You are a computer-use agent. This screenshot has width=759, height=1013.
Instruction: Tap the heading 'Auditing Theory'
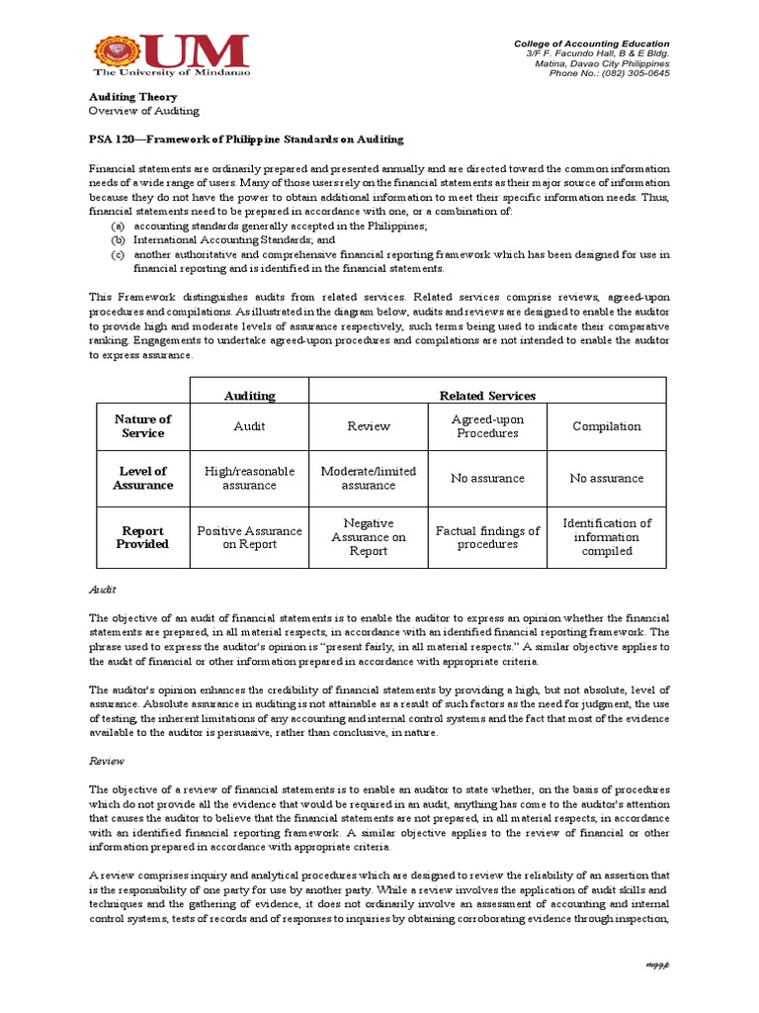(133, 97)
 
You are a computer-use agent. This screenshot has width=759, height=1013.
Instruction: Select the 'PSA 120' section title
(246, 139)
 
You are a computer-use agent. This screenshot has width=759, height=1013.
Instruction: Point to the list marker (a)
(118, 226)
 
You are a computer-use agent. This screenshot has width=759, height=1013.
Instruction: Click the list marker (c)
(118, 254)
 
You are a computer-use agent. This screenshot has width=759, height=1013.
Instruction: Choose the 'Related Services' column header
(487, 396)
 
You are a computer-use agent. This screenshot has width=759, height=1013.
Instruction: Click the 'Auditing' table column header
(250, 396)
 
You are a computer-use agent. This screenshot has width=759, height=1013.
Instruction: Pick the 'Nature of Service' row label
(143, 426)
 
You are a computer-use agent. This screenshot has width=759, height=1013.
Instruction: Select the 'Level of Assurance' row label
(143, 478)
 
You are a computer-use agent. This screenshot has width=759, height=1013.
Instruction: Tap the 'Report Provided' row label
(143, 537)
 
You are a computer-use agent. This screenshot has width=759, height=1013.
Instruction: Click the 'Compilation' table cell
(607, 426)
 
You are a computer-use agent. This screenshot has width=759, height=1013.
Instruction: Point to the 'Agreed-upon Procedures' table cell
(487, 426)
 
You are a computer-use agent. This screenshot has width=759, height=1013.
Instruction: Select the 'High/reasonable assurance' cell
(250, 478)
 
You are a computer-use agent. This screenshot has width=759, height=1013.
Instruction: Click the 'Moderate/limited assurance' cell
(369, 478)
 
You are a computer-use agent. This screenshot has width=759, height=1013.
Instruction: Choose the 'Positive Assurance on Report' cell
(250, 537)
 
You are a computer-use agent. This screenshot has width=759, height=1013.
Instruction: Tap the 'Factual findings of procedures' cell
(487, 537)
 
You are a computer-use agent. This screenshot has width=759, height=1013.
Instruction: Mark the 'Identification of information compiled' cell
(607, 537)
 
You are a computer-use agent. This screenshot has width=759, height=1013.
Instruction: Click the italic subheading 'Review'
(106, 763)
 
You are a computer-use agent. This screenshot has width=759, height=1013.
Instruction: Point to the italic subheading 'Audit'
(103, 590)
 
